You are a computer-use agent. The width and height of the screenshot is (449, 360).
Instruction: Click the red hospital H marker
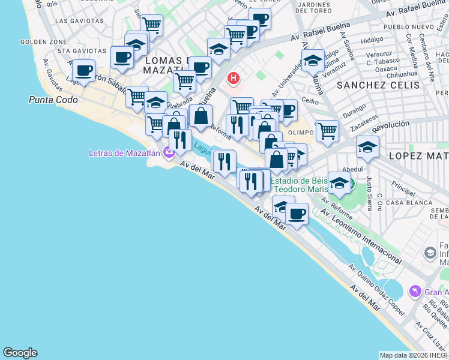coord(233,78)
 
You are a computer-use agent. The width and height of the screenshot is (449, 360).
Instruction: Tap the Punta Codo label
coord(53,100)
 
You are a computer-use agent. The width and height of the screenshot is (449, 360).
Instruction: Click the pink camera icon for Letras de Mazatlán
coord(169,152)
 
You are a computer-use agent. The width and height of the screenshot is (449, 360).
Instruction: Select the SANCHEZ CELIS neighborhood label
coord(378,85)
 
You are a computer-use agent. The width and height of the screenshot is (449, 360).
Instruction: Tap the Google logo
coord(20,353)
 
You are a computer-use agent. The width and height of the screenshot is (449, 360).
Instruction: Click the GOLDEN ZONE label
coord(43,42)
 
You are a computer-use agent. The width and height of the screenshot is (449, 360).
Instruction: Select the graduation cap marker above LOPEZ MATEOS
coord(367,146)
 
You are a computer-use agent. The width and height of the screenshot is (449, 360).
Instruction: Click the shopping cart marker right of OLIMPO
coord(327,130)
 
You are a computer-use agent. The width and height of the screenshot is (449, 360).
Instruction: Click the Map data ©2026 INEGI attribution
coord(414,355)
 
